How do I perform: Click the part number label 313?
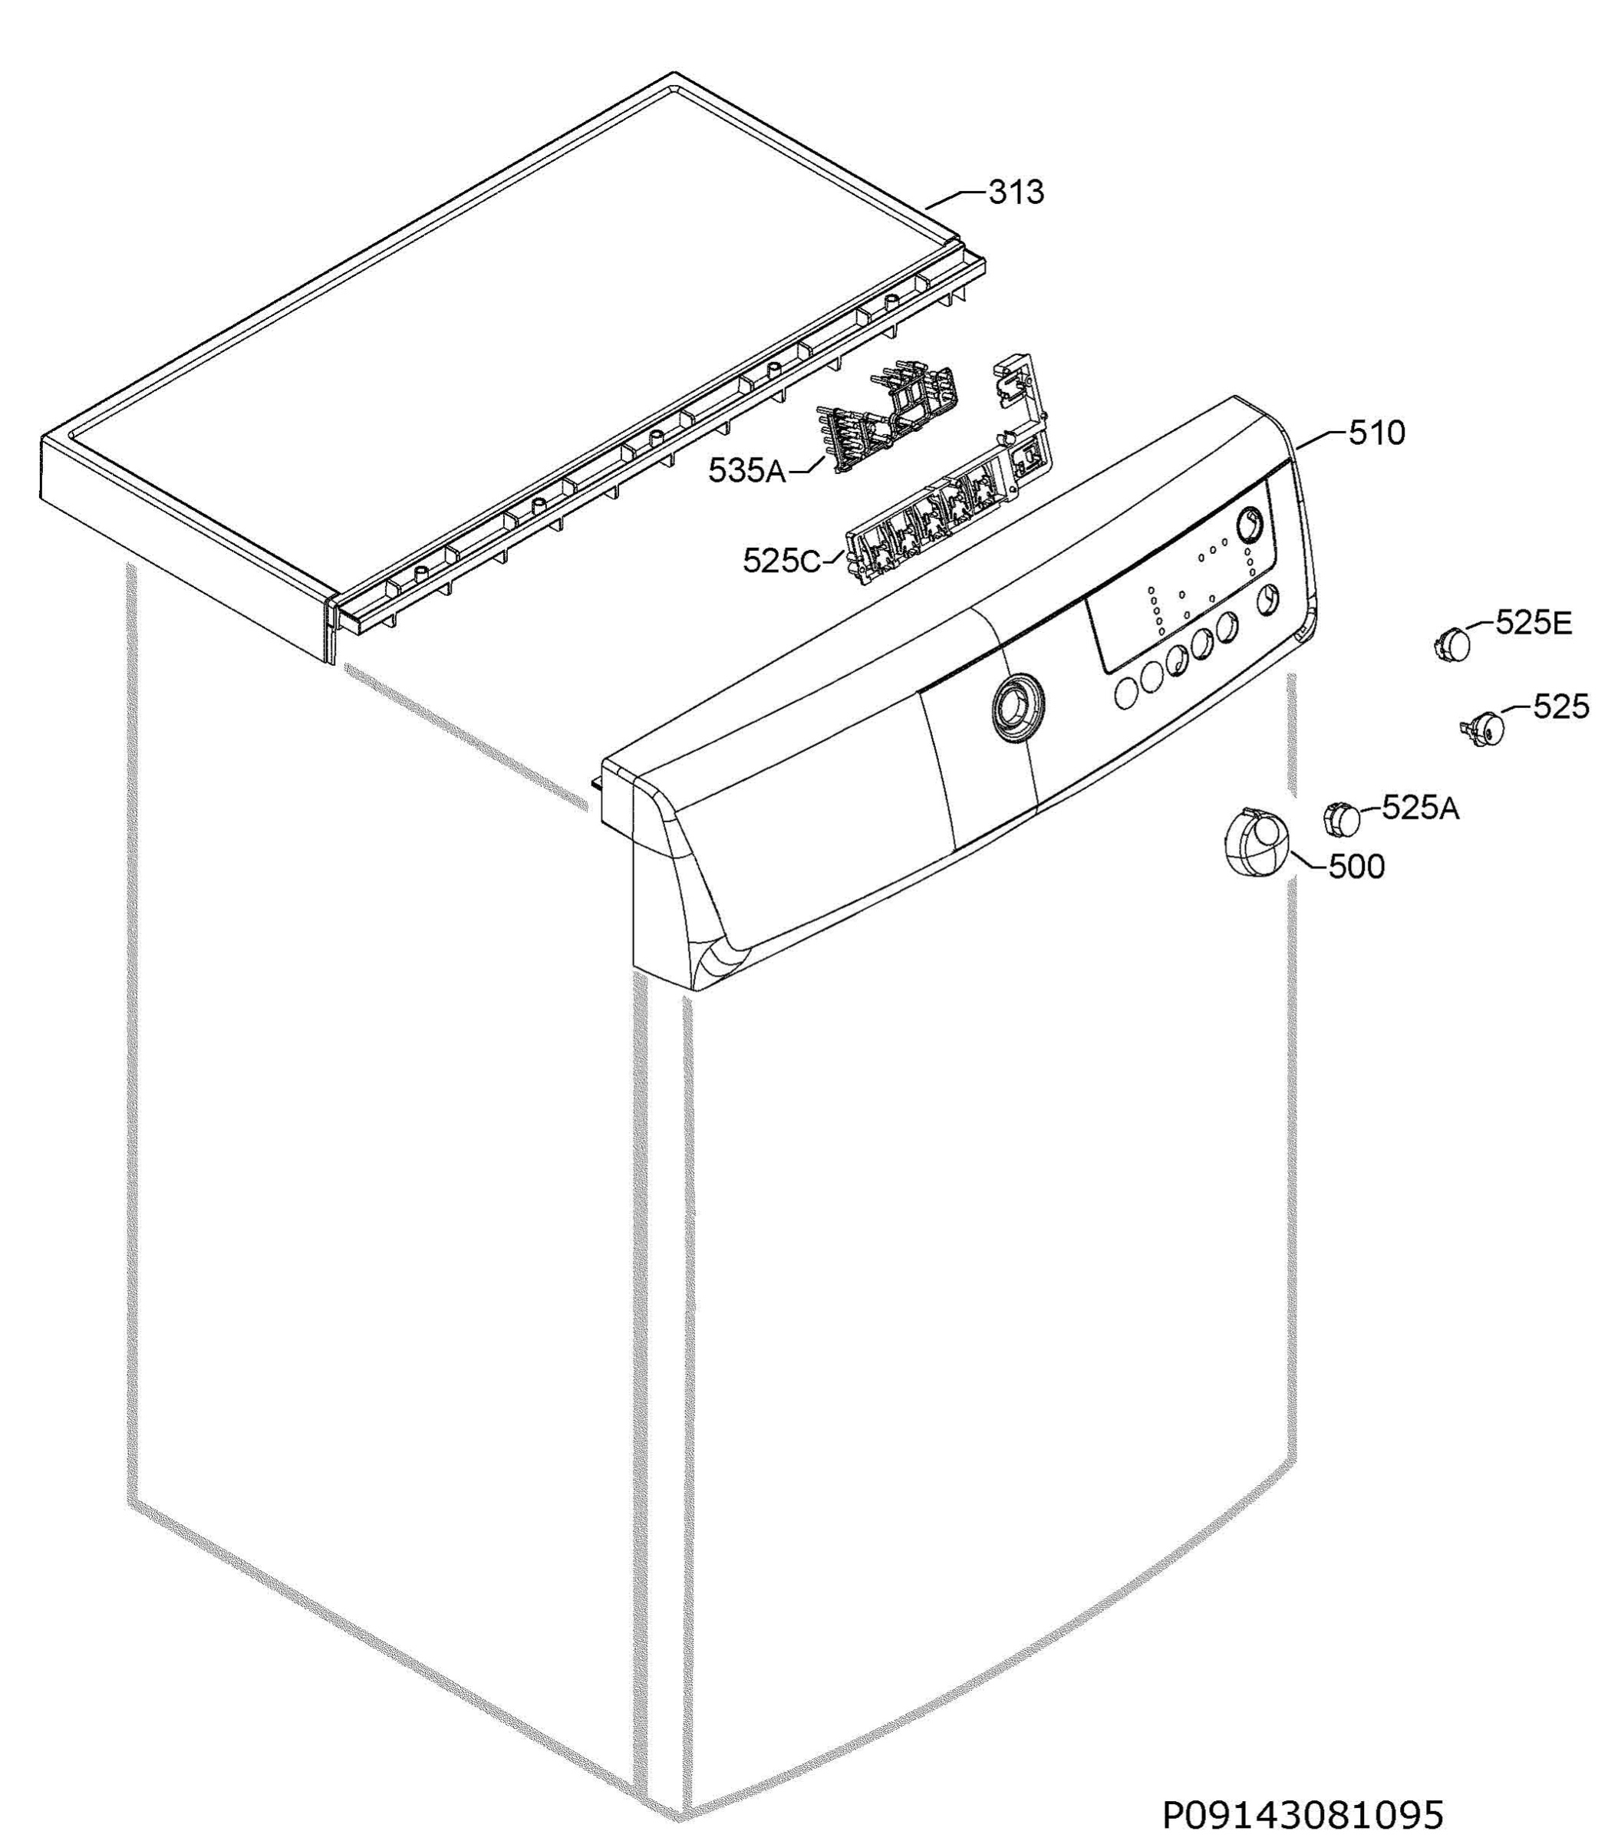[1016, 193]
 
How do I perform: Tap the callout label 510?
[1377, 433]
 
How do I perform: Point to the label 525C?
[782, 561]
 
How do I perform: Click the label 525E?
[1534, 623]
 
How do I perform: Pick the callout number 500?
[1356, 867]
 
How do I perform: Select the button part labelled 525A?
[1342, 818]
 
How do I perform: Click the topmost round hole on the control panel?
[1251, 524]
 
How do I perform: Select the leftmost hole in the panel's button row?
[1126, 693]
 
